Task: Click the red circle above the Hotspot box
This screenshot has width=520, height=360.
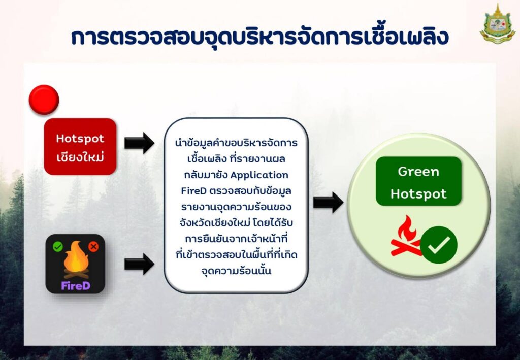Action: coord(44,100)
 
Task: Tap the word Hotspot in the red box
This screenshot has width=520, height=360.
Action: coord(80,139)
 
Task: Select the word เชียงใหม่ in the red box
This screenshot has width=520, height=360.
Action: coord(80,157)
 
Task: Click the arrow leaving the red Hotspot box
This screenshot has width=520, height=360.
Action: coord(139,143)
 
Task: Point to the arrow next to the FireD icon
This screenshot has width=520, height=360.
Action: coord(139,264)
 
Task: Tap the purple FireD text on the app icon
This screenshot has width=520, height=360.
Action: coord(76,285)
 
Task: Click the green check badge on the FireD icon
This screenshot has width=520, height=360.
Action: coord(58,246)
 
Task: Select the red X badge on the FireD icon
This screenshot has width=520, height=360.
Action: coord(93,246)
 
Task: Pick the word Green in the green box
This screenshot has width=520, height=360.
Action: coord(418,172)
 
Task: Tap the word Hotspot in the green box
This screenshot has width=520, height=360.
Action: coord(418,193)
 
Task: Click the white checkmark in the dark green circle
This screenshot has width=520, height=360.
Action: coord(439,245)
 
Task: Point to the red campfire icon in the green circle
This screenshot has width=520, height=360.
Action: coord(406,236)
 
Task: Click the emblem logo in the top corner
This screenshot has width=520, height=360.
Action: coord(498,23)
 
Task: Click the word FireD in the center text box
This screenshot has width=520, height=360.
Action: coord(193,191)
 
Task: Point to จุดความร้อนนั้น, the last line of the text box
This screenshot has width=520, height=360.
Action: coord(236,271)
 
